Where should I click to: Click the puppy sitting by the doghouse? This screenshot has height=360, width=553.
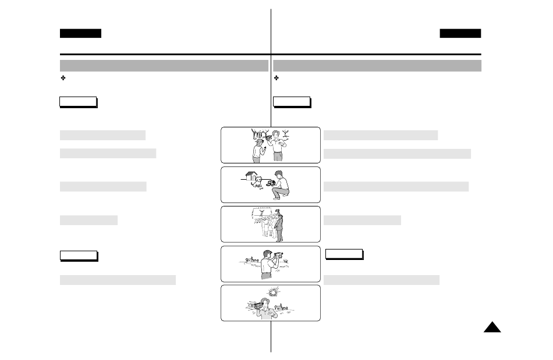click(257, 181)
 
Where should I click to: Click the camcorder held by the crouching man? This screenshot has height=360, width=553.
click(271, 183)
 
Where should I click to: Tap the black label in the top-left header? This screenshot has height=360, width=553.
click(80, 33)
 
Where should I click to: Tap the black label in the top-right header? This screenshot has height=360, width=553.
click(460, 33)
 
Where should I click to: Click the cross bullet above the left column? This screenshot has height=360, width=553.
click(63, 78)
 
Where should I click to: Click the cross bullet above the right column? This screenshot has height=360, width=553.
click(276, 78)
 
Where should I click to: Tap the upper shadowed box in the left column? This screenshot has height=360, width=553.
click(78, 102)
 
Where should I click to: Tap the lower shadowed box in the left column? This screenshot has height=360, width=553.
click(78, 256)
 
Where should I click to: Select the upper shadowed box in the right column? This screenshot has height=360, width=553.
click(291, 102)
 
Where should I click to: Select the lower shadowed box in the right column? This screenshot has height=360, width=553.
click(343, 254)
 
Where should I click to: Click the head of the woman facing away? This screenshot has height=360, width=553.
click(258, 142)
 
